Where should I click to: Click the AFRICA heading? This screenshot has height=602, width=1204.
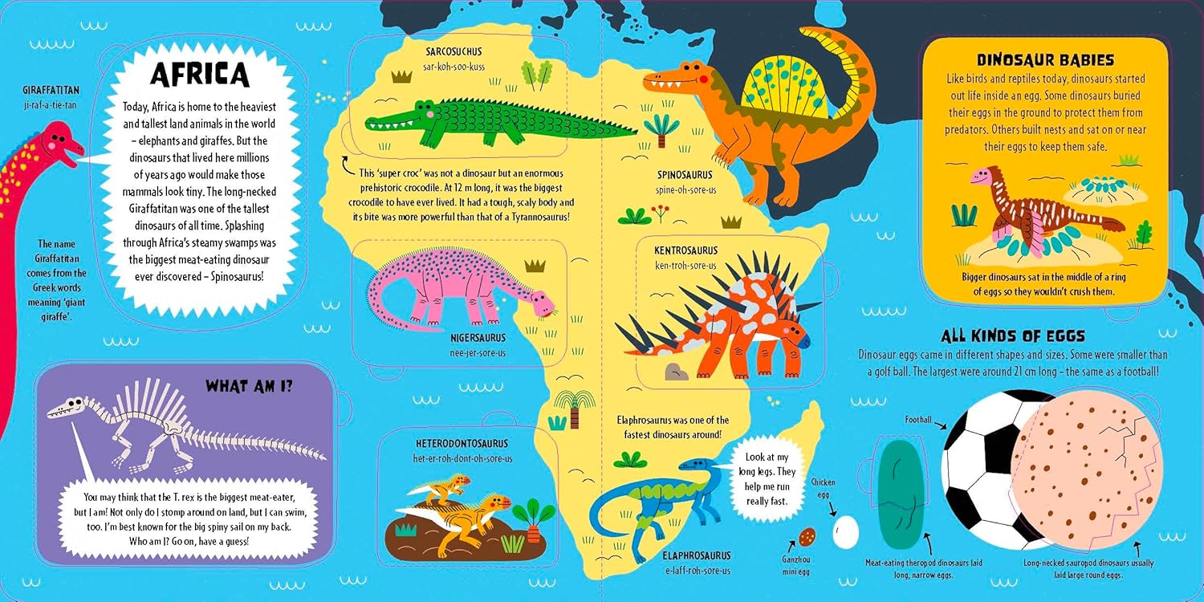(200, 74)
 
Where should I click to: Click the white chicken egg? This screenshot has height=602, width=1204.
(846, 531)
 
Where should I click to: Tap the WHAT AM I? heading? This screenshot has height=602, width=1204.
(249, 386)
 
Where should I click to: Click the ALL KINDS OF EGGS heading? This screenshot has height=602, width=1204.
(1013, 336)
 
